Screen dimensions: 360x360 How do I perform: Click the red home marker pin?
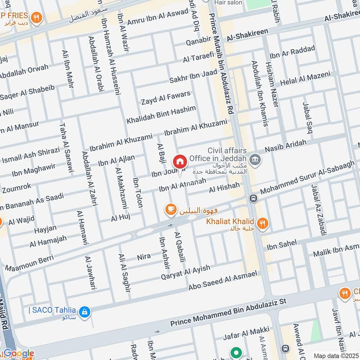(180, 162)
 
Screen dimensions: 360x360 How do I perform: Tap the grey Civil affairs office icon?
(255, 160)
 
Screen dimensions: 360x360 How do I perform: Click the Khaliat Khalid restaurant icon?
(262, 223)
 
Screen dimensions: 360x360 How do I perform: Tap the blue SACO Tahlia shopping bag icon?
(84, 311)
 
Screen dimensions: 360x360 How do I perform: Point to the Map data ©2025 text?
(336, 355)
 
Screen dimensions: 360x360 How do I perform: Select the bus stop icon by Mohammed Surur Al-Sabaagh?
(253, 198)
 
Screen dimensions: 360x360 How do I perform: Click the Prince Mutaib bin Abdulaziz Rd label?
(223, 67)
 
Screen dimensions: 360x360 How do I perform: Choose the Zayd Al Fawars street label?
(165, 97)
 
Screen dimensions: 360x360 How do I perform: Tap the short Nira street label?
(144, 257)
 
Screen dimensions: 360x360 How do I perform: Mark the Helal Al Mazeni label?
(305, 79)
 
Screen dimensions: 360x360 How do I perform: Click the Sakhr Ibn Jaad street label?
(193, 76)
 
